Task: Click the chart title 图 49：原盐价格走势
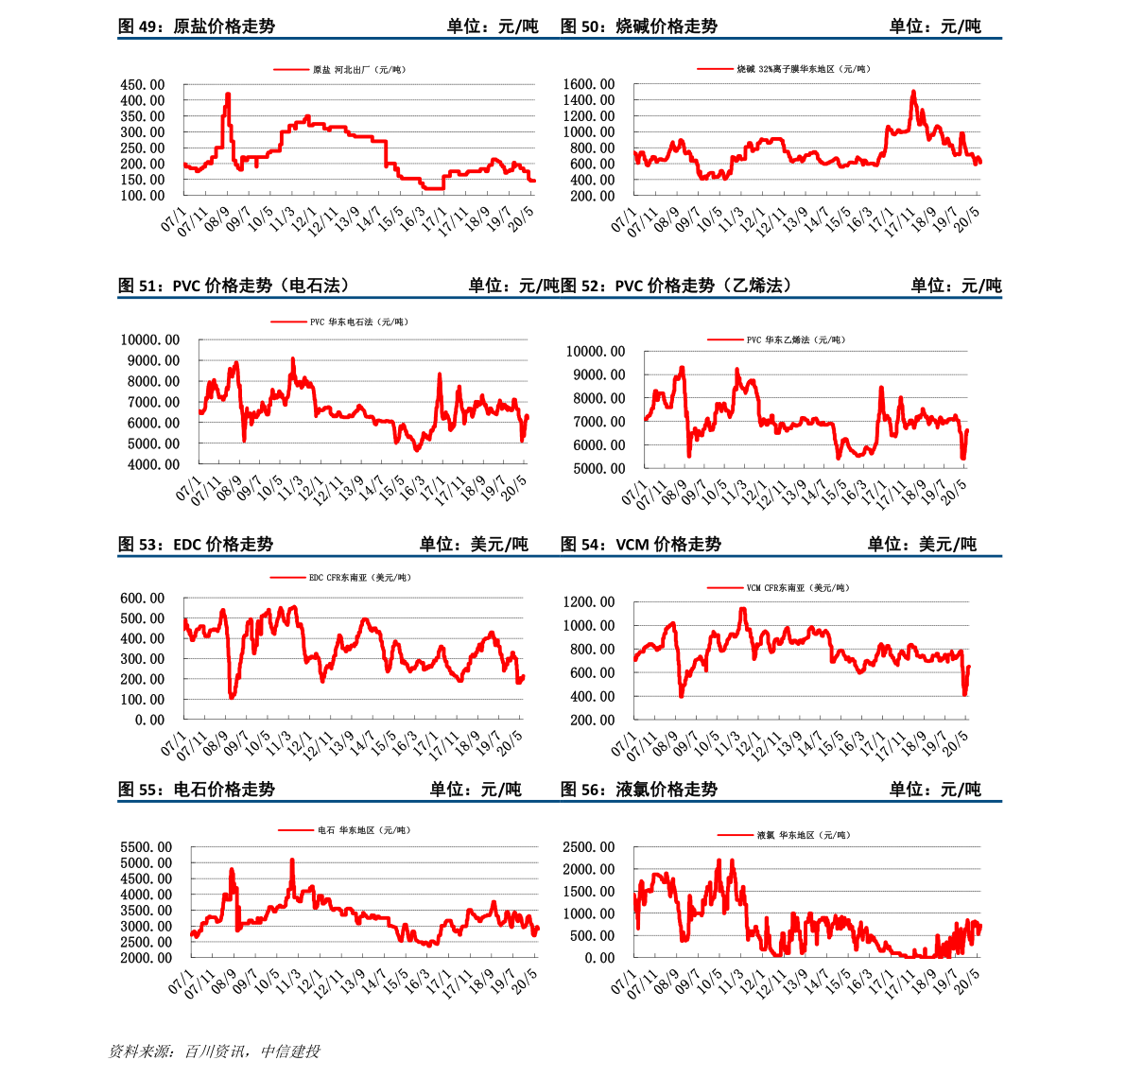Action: (x=196, y=26)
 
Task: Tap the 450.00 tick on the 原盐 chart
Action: (x=142, y=85)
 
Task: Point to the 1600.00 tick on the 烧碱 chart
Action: (x=589, y=84)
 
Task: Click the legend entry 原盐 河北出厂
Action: (x=339, y=70)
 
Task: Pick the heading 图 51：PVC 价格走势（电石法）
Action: (x=234, y=286)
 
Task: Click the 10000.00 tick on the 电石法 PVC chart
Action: (x=150, y=339)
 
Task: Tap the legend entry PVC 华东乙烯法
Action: (x=775, y=339)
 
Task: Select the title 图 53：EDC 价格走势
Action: (x=196, y=545)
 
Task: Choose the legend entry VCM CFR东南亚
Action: (x=778, y=587)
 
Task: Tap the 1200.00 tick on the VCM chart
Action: (x=589, y=601)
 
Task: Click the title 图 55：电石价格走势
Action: (x=196, y=790)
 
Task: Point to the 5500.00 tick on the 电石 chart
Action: (x=147, y=847)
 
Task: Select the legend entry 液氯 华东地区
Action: (x=784, y=835)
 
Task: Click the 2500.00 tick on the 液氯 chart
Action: (x=589, y=847)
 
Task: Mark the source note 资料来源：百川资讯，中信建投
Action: (x=214, y=1052)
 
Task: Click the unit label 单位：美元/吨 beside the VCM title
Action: (x=922, y=545)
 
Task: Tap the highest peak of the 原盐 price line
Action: (x=228, y=94)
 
